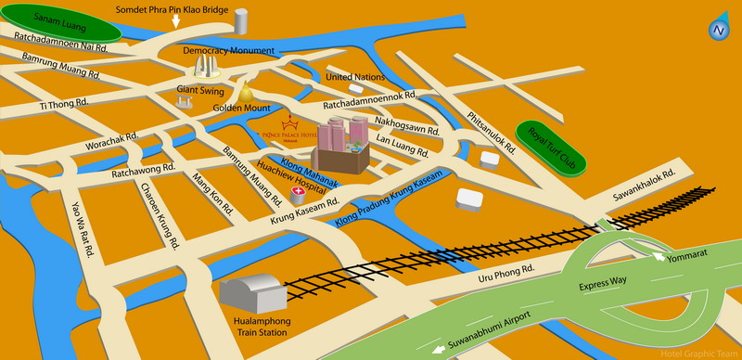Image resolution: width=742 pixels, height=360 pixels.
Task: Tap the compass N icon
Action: [x=718, y=29]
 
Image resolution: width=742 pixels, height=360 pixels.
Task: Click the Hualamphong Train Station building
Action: [x=252, y=292]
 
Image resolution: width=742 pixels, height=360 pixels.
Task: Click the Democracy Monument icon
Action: [x=208, y=66]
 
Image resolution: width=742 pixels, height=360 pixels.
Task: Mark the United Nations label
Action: [x=355, y=77]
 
